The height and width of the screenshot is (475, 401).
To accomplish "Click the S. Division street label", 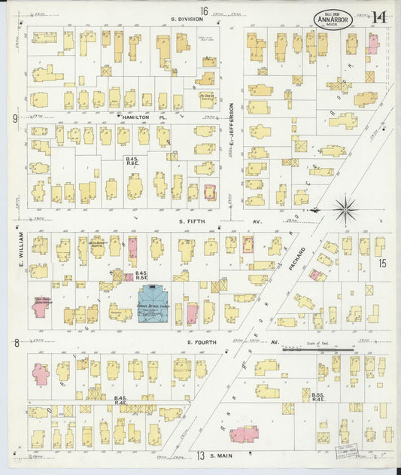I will click(184, 19).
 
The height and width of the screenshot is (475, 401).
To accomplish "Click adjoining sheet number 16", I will click(204, 9).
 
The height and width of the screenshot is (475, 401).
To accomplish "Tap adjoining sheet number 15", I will click(382, 263).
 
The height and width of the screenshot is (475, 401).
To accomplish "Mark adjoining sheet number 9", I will click(14, 118).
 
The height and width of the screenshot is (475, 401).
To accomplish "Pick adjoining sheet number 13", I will click(201, 456).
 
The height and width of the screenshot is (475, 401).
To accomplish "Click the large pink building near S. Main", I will click(244, 434).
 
